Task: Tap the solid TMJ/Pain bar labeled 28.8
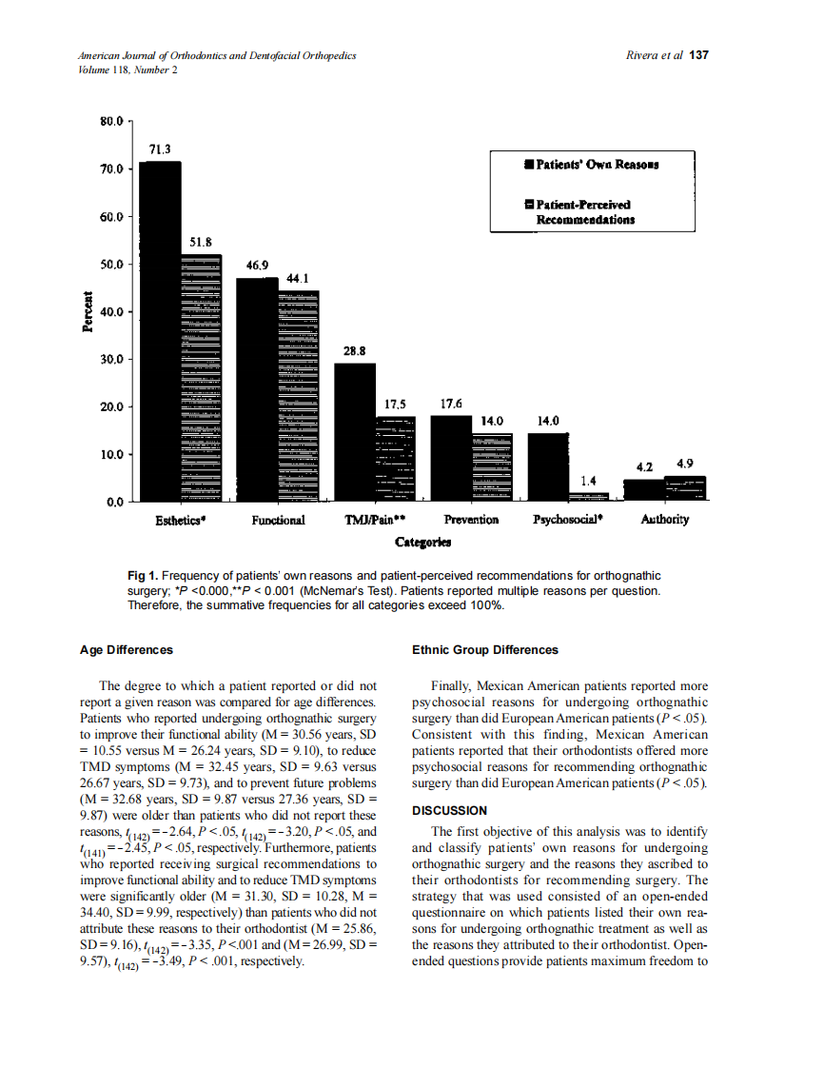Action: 354,432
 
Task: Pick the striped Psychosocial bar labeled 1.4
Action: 589,496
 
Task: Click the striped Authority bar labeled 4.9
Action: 685,488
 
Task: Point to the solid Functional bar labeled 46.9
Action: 257,389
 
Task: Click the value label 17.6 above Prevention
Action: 451,404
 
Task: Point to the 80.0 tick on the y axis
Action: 111,122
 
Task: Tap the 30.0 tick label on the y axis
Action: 111,360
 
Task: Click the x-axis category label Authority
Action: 664,520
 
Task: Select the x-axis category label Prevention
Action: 471,520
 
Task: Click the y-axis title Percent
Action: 88,311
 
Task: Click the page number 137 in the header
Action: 699,55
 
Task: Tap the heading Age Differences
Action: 127,650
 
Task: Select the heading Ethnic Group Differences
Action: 484,650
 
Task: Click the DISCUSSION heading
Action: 449,810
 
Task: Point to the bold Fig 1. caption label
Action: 143,576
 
